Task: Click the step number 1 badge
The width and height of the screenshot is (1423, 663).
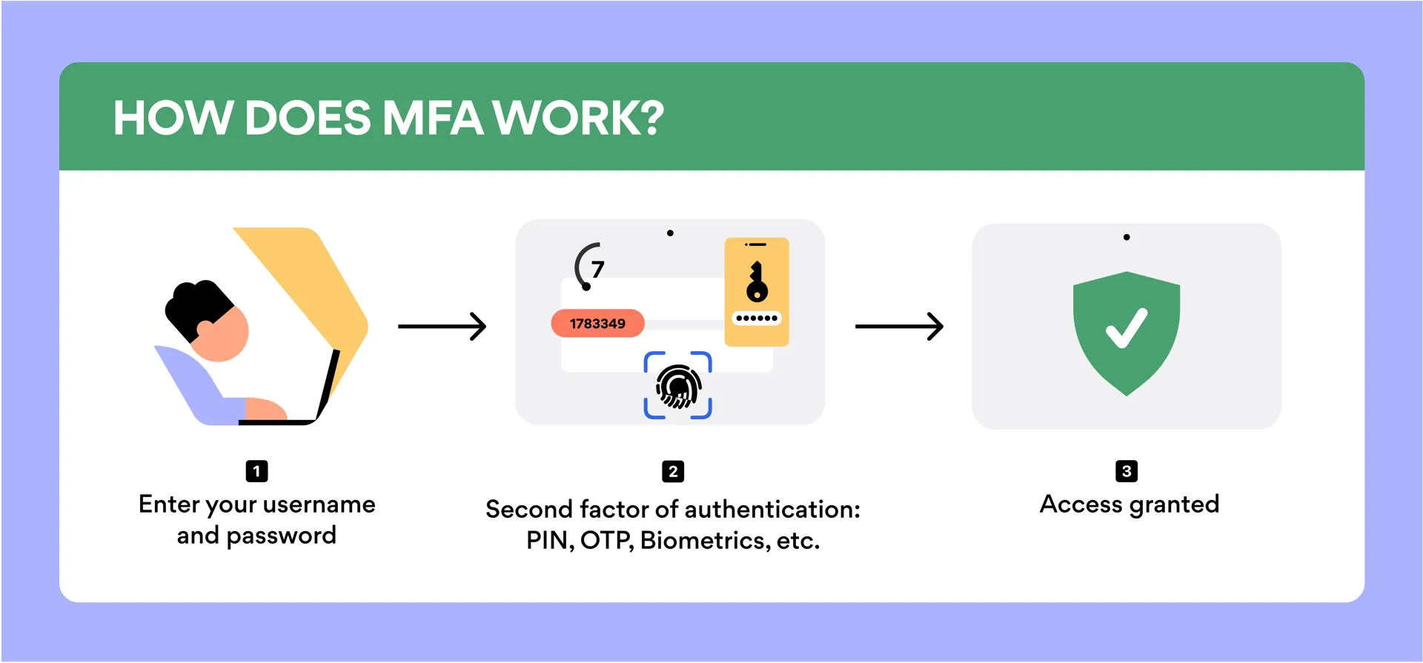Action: pyautogui.click(x=256, y=471)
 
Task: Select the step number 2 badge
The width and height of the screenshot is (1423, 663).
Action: pyautogui.click(x=673, y=471)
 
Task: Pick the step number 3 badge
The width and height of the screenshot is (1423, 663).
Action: pyautogui.click(x=1127, y=471)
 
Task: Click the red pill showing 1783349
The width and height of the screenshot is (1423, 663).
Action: pyautogui.click(x=597, y=324)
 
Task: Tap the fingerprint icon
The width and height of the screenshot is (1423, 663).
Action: pyautogui.click(x=678, y=386)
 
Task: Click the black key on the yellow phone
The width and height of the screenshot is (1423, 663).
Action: pyautogui.click(x=757, y=282)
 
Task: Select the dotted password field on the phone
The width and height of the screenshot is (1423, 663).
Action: pyautogui.click(x=757, y=319)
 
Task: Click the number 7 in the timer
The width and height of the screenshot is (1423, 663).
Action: pyautogui.click(x=598, y=269)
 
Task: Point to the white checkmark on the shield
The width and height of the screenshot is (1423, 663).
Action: pyautogui.click(x=1127, y=328)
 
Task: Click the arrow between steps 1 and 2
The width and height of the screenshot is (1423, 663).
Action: pyautogui.click(x=442, y=326)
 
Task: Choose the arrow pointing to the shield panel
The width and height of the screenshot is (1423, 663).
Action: pyautogui.click(x=899, y=326)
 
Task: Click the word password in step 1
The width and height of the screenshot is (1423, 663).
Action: pyautogui.click(x=281, y=536)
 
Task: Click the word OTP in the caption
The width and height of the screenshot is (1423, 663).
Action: pyautogui.click(x=606, y=541)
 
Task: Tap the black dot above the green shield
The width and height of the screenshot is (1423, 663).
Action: pyautogui.click(x=1127, y=238)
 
